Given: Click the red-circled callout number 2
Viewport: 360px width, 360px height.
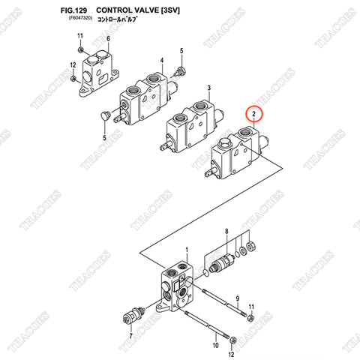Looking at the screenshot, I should pyautogui.click(x=254, y=114).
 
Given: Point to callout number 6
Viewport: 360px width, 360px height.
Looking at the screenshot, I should pyautogui.click(x=107, y=38).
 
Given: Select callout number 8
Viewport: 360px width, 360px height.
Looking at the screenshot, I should pyautogui.click(x=227, y=232).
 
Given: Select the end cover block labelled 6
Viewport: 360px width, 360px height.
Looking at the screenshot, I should pyautogui.click(x=100, y=67).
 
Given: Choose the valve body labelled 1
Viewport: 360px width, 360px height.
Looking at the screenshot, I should pyautogui.click(x=176, y=285).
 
